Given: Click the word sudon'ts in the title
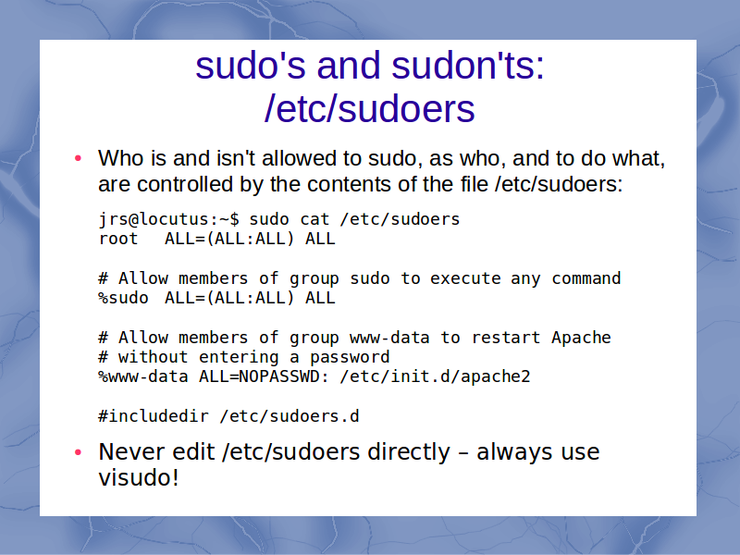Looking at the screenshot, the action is coord(468,65).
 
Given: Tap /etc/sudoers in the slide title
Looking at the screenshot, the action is coord(369,109).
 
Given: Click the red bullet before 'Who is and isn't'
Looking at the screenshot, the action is coord(79,158).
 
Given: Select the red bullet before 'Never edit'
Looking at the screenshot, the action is coord(79,452).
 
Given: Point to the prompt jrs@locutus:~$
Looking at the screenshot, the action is coord(169,219).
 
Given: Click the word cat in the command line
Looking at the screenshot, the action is coord(314,219).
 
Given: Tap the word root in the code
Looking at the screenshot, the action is coord(118,239).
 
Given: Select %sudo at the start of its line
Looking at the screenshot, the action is coord(123,298).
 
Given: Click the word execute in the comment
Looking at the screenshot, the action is coord(465,278).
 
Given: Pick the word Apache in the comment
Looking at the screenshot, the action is coord(581,338).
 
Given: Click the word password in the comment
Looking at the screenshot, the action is coord(350,357).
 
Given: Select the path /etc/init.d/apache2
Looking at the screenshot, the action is coord(435,377).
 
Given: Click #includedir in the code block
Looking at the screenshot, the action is coord(154,416).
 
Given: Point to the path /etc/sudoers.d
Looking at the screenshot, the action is coord(290,416).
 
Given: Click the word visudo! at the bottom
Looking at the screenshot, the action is coord(139,477).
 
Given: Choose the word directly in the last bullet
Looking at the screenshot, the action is coord(409,452).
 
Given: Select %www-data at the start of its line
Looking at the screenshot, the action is coord(143,377).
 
